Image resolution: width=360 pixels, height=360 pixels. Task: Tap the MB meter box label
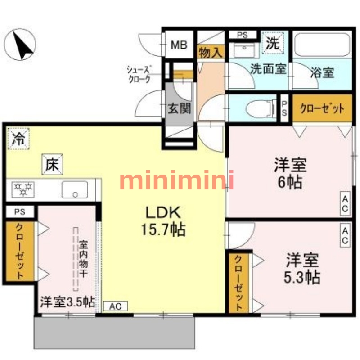pyautogui.click(x=178, y=45)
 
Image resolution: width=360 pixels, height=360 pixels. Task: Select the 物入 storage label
pyautogui.click(x=211, y=52)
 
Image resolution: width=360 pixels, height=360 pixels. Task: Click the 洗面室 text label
pyautogui.click(x=269, y=70)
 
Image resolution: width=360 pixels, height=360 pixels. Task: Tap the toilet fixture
pyautogui.click(x=261, y=108)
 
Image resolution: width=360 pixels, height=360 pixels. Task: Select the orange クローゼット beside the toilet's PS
pyautogui.click(x=322, y=108)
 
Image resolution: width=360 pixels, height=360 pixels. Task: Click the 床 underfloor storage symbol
pyautogui.click(x=53, y=164)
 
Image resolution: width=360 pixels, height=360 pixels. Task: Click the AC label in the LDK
pyautogui.click(x=116, y=306)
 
